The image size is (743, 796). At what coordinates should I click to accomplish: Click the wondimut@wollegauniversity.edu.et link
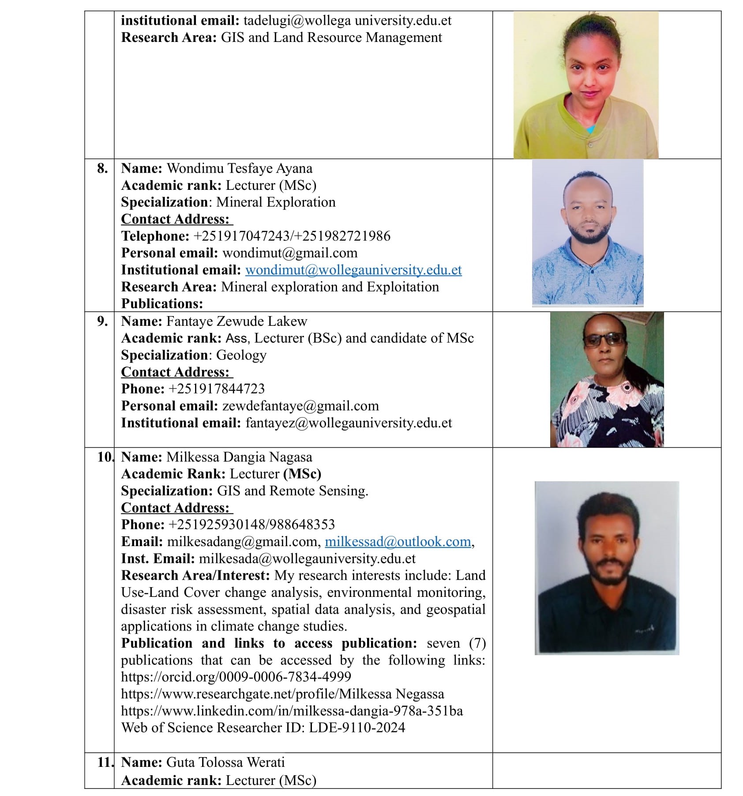[353, 270]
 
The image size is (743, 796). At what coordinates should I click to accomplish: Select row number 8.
[102, 168]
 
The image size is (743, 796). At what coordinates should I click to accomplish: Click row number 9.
[102, 321]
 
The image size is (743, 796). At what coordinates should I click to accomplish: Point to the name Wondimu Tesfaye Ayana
[240, 168]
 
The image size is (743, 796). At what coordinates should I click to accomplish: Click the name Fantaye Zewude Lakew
[236, 321]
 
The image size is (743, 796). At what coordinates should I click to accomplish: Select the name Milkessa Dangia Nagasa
[240, 457]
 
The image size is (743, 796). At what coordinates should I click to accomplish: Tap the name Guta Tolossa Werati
[225, 762]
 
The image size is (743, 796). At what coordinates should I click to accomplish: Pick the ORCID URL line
[236, 677]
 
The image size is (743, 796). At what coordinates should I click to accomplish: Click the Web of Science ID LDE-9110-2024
[356, 728]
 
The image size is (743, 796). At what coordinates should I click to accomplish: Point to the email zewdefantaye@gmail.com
[300, 406]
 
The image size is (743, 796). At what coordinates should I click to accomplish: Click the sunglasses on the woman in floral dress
[604, 340]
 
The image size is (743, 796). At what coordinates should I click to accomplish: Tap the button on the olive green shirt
[590, 144]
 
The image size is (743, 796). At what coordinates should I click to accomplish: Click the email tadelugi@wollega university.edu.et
[347, 21]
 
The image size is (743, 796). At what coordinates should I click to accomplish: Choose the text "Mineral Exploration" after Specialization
[276, 202]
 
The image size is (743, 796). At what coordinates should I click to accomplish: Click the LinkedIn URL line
[292, 711]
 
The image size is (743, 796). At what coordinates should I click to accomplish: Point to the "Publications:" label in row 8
[162, 304]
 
